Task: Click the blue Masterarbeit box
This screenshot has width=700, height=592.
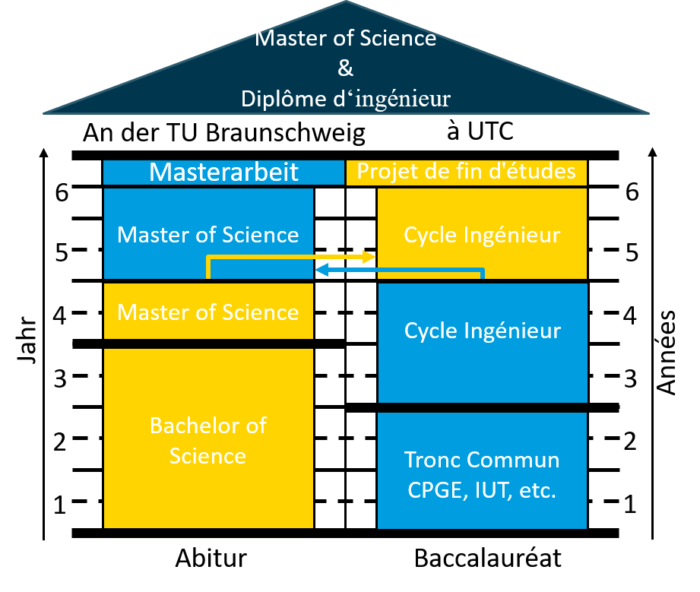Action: [x=223, y=173]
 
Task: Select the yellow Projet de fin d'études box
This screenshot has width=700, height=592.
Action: [x=467, y=173]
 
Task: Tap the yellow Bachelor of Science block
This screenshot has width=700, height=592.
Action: [x=208, y=438]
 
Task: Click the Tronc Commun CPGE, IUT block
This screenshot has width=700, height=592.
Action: [x=482, y=470]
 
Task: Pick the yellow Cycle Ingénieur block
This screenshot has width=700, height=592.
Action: [x=482, y=233]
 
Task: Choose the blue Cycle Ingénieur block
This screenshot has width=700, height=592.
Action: [x=482, y=343]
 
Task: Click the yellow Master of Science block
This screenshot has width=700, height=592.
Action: [x=208, y=311]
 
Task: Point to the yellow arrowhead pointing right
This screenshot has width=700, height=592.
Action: [x=369, y=257]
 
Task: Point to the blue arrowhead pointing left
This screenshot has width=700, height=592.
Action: [x=321, y=270]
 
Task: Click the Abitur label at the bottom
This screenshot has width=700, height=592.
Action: [x=211, y=558]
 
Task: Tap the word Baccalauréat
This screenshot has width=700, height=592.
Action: [x=487, y=558]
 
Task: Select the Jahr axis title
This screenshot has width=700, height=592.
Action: [x=27, y=340]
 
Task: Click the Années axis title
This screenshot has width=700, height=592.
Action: [x=667, y=353]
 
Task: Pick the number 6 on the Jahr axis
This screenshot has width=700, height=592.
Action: [x=62, y=192]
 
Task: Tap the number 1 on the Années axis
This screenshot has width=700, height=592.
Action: [x=630, y=504]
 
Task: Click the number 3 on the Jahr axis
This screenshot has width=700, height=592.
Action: [x=60, y=378]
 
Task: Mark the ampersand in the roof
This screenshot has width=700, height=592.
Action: [x=345, y=68]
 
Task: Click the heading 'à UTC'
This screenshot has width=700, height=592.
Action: [x=480, y=131]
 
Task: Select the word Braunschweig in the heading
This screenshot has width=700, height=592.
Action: [x=286, y=133]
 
